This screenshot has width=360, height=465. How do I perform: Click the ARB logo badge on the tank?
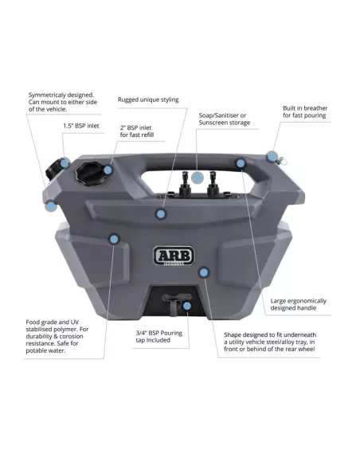pos(174,256)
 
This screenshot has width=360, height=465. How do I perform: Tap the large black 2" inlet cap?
pos(88,174)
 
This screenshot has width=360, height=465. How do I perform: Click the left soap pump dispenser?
pos(185,185)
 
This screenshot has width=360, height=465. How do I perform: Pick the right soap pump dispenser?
pos(213,185)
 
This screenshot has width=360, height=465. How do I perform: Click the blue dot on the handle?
pos(241,163)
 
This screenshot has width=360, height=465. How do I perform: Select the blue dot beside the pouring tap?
pos(187,306)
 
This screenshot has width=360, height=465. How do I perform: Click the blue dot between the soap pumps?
pos(198,178)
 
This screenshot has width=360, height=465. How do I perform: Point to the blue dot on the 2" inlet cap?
pos(108,170)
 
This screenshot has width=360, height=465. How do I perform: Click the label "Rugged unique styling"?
pos(148,100)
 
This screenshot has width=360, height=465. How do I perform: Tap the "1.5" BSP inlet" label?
pos(81,126)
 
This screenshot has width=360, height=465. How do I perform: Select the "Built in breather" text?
pos(305,108)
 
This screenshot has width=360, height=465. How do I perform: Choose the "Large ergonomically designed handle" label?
pos(298,305)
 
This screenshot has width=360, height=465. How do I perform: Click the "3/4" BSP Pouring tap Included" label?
pos(159,337)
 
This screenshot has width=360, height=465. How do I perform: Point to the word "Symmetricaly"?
pos(47,96)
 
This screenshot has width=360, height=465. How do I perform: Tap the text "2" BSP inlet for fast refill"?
pos(137,131)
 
